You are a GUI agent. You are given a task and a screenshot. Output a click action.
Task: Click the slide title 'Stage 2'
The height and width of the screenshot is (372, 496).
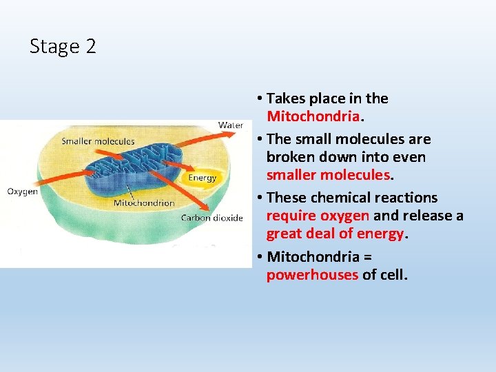63,47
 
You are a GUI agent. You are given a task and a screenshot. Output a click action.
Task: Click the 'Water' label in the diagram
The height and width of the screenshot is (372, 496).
230,125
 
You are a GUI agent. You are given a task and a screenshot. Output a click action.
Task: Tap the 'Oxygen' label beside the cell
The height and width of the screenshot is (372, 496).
22,192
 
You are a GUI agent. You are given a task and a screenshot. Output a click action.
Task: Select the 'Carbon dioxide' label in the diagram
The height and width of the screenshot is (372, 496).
211,218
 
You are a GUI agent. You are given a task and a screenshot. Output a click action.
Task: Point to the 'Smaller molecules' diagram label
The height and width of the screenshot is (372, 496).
98,142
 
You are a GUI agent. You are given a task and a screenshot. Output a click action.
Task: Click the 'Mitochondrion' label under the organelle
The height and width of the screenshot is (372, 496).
143,203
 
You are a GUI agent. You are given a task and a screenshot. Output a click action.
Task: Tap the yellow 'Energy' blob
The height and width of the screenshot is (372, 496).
202,178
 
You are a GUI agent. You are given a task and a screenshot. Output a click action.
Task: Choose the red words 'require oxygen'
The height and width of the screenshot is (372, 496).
318,216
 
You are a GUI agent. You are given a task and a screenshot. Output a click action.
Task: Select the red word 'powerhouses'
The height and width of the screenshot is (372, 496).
312,275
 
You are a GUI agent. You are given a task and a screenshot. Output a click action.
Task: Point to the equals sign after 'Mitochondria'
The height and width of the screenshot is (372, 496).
367,257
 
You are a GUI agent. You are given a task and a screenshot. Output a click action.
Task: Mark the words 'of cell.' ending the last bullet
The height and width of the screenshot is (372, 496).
385,275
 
